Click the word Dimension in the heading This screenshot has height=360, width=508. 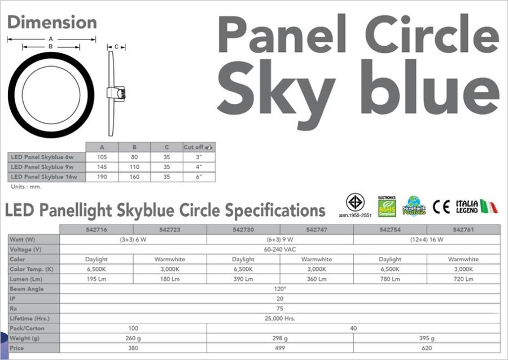tap(52, 23)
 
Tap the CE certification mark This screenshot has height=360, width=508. tap(441, 207)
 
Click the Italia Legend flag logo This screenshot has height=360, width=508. tap(476, 207)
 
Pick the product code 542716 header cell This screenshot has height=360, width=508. tap(96, 230)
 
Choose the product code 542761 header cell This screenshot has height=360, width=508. tap(463, 230)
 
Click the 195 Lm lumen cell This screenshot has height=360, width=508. tap(96, 279)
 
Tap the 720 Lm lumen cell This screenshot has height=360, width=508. tap(463, 279)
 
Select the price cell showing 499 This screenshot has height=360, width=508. tap(280, 348)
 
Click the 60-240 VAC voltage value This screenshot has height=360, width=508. tap(280, 249)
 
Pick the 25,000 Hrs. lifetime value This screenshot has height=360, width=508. tap(280, 318)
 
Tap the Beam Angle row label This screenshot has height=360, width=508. tap(27, 288)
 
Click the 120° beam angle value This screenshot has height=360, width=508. tap(280, 288)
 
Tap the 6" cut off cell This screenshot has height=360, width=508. tap(199, 177)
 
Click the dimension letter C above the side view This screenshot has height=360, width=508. tap(115, 47)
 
